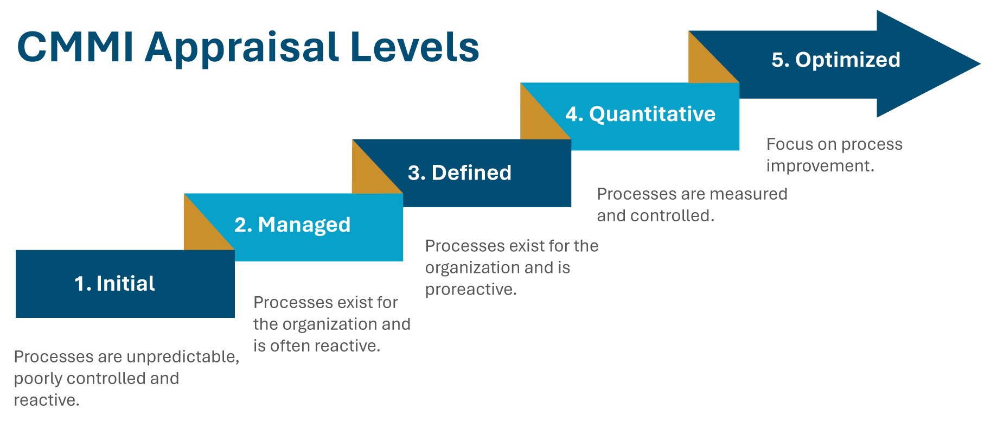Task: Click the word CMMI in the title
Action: click(x=75, y=47)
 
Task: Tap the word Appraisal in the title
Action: click(x=242, y=49)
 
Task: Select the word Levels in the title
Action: click(x=415, y=47)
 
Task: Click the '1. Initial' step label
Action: click(x=114, y=284)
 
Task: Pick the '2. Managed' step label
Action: click(x=292, y=225)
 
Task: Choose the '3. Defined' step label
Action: click(x=459, y=173)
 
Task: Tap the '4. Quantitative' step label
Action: click(x=641, y=114)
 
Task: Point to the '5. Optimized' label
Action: click(x=836, y=60)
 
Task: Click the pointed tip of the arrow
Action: click(x=980, y=64)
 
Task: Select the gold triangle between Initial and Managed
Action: click(x=201, y=231)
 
